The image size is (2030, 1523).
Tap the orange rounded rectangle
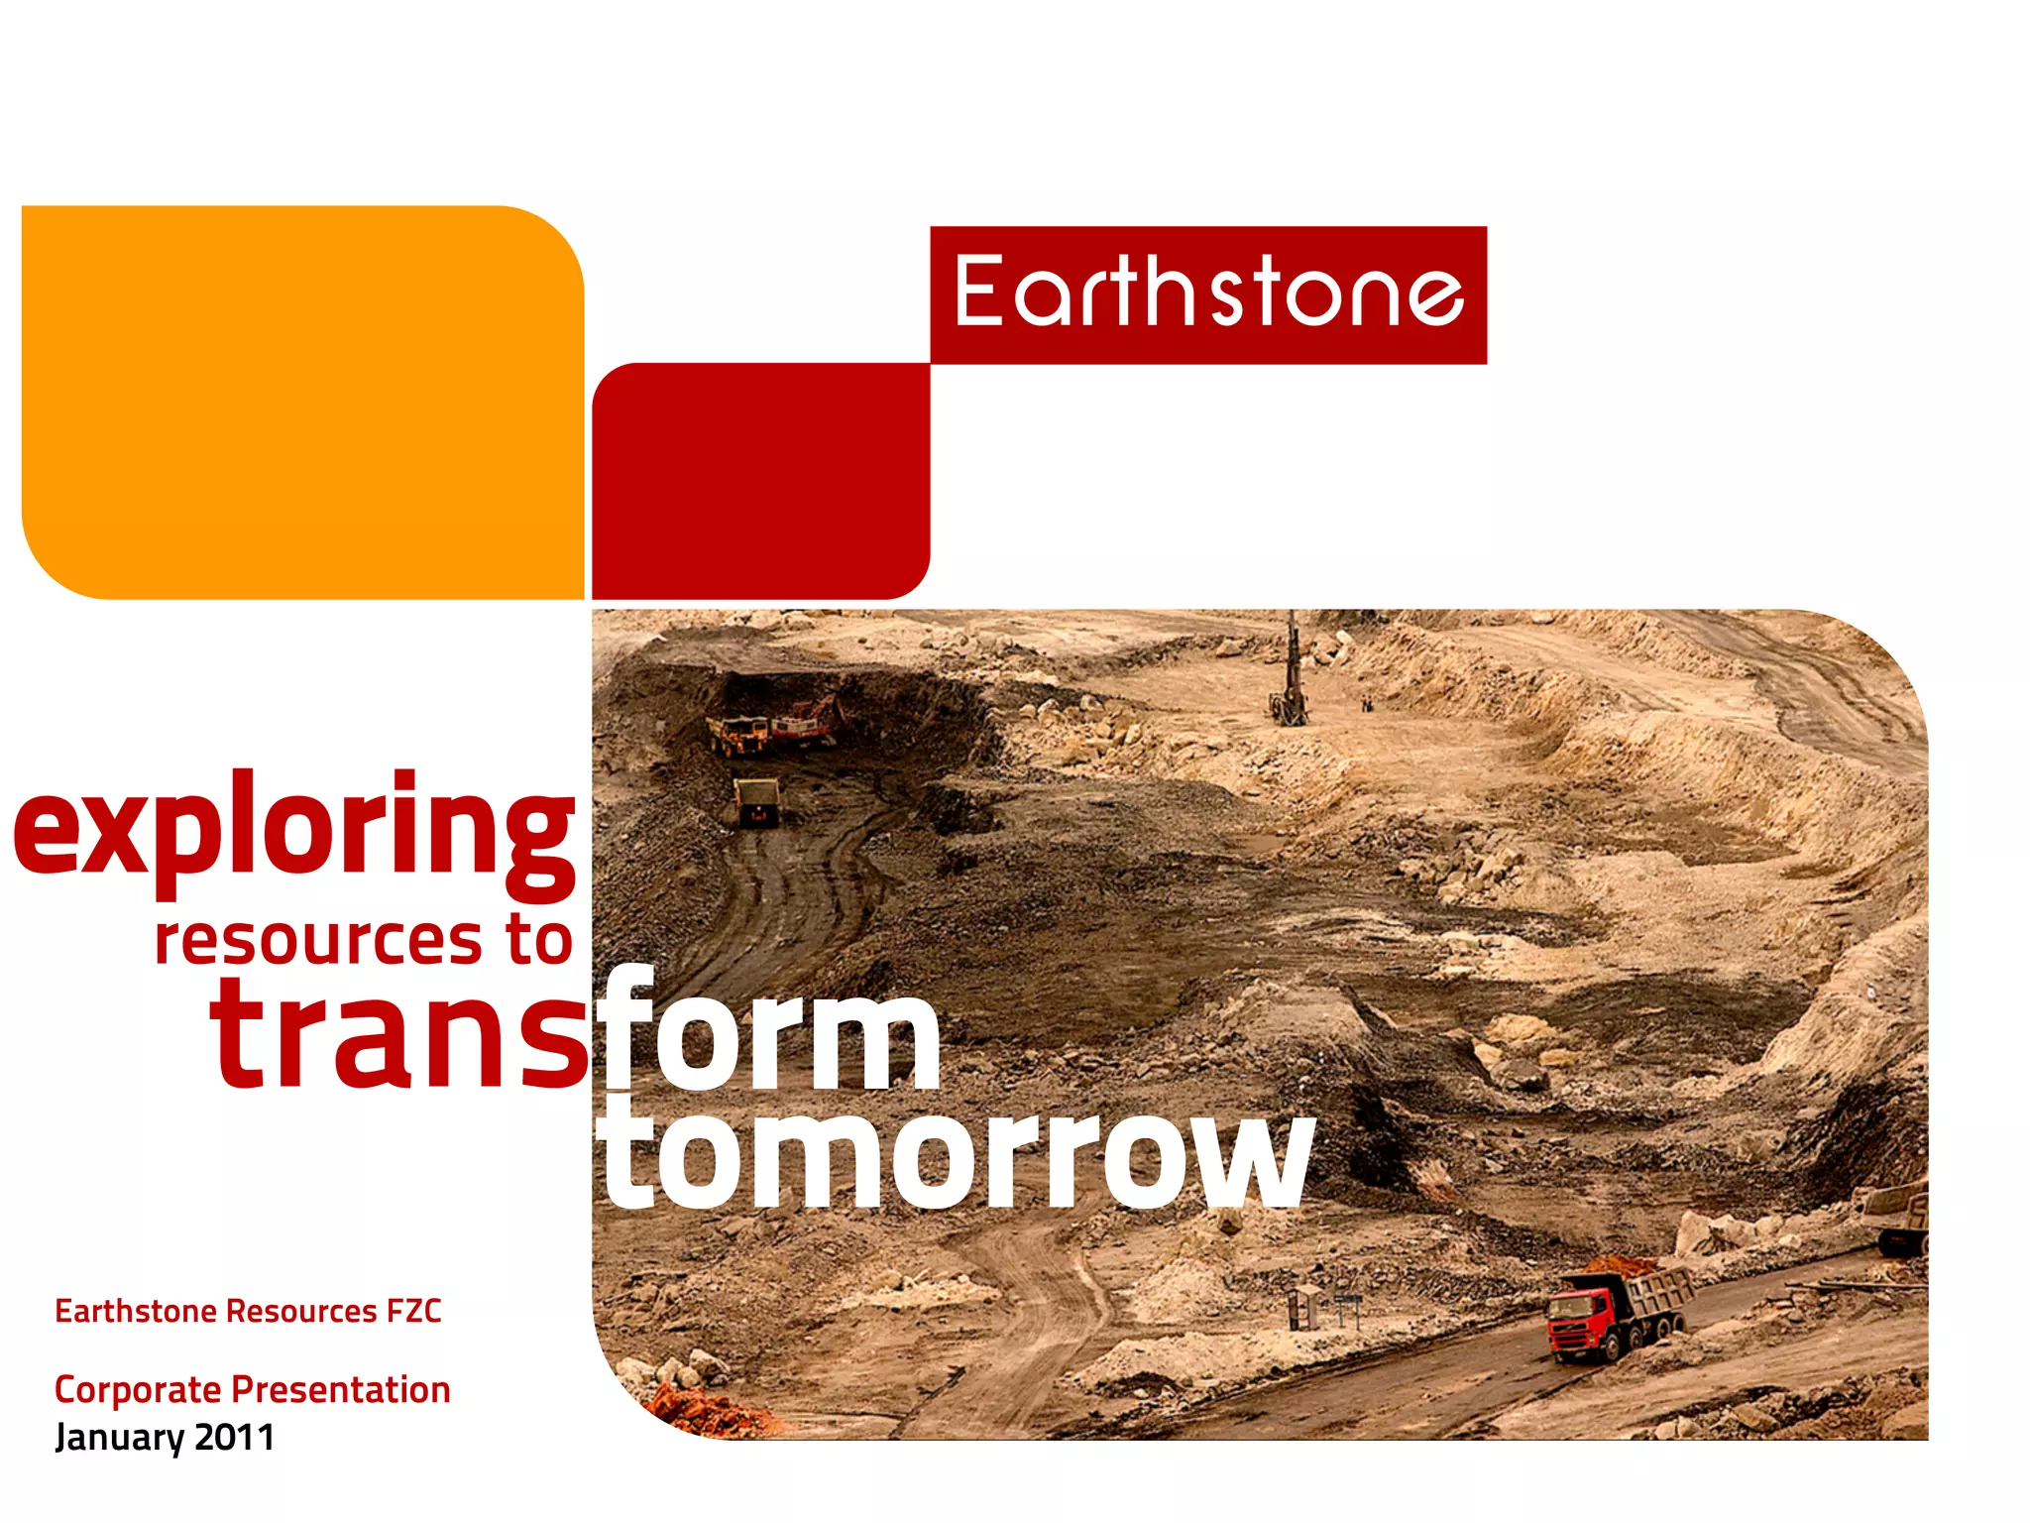click(302, 402)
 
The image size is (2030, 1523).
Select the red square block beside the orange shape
click(760, 481)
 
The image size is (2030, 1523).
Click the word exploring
click(294, 828)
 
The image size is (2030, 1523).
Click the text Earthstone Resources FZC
click(248, 1311)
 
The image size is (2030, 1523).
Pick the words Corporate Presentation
click(252, 1389)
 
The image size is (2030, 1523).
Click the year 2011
click(234, 1438)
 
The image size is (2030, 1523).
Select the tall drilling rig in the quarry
click(1291, 674)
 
